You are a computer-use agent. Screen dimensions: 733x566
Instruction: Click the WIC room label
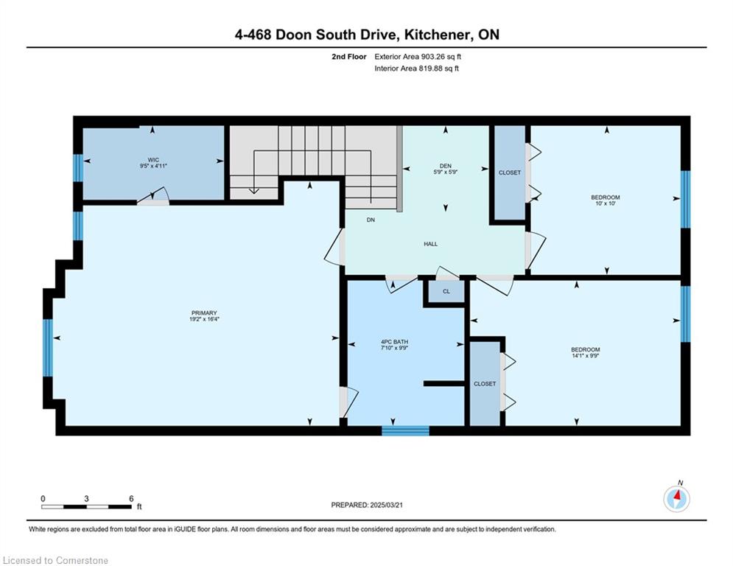click(x=153, y=160)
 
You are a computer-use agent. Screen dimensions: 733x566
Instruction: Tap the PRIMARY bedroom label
click(x=204, y=313)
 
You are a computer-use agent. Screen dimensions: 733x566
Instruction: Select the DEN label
click(x=446, y=166)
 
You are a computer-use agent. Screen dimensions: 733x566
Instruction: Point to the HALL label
click(x=430, y=244)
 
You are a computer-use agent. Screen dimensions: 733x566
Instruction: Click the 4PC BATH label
click(x=395, y=342)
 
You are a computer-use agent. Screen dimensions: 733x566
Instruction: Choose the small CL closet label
click(x=446, y=291)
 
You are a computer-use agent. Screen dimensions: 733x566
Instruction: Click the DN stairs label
click(x=371, y=220)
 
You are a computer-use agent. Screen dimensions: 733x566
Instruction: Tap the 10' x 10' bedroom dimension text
click(x=606, y=203)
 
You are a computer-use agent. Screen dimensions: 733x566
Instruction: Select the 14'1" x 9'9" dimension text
click(x=585, y=355)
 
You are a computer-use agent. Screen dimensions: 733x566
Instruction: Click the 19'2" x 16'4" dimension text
click(x=204, y=319)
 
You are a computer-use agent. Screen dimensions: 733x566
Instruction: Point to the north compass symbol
click(x=676, y=499)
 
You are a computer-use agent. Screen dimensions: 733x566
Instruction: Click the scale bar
click(x=86, y=506)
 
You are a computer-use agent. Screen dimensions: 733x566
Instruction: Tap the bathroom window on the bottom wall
click(x=405, y=431)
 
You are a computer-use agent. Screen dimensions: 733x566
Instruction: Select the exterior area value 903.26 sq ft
click(x=441, y=57)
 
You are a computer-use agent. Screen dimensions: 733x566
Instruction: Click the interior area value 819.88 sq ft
click(x=439, y=69)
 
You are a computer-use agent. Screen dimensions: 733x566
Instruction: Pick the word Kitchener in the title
click(x=438, y=35)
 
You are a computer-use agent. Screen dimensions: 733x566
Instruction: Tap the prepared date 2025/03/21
click(x=386, y=505)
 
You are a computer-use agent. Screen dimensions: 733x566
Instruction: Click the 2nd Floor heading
click(x=349, y=57)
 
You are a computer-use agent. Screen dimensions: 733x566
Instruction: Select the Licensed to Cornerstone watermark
click(x=55, y=560)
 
